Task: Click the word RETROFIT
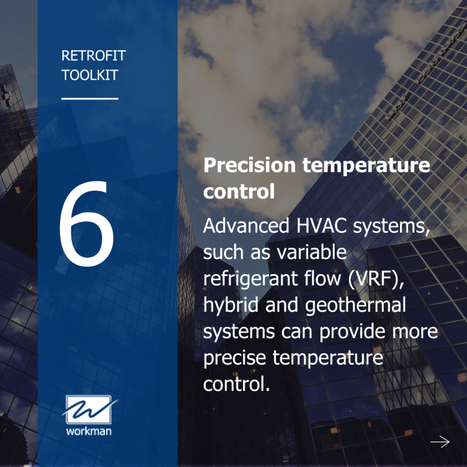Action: (x=93, y=56)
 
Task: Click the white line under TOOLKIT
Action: (x=90, y=98)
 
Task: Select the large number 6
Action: (x=87, y=223)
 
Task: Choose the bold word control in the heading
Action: (x=239, y=192)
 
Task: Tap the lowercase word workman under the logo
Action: (x=88, y=430)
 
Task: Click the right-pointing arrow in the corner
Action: (x=440, y=441)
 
